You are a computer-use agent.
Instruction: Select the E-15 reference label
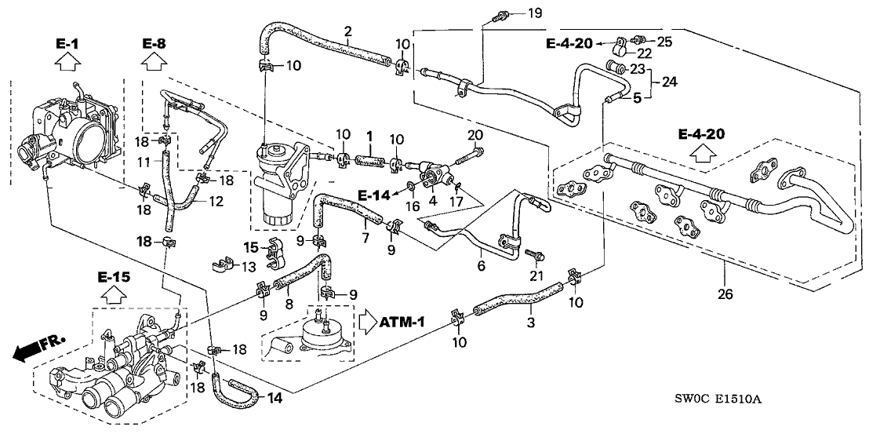point(115,278)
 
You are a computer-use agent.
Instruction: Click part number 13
point(249,268)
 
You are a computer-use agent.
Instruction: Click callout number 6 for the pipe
point(480,252)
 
